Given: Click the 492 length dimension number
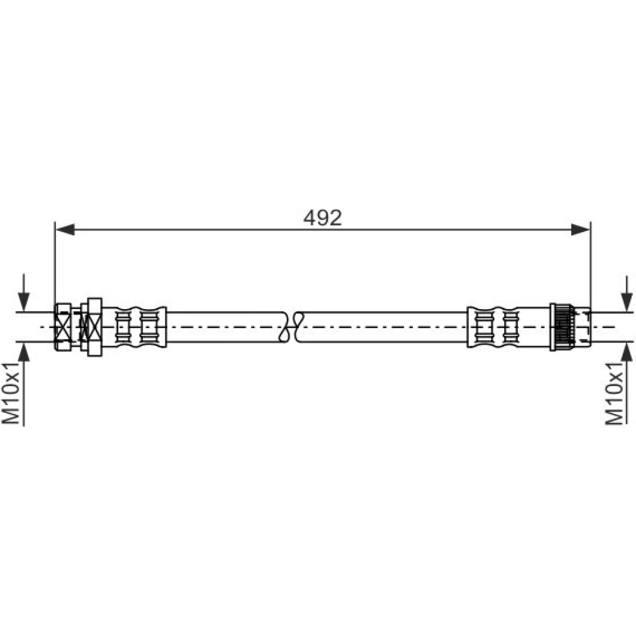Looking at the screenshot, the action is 322,218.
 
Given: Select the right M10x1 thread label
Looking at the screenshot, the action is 614,394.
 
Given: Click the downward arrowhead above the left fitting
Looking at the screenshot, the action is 24,301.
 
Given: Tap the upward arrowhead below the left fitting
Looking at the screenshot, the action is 24,352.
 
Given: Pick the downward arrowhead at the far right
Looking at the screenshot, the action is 627,301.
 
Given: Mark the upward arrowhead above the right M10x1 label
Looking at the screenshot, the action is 627,352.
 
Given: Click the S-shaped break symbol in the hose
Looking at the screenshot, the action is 291,326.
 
